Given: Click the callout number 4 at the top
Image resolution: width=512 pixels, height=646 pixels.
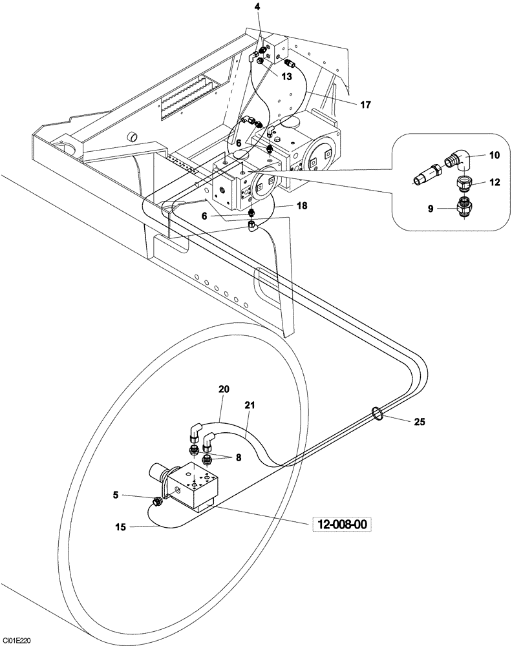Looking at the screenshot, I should pos(257,6).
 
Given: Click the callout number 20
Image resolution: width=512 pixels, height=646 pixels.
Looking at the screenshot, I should pos(224,389).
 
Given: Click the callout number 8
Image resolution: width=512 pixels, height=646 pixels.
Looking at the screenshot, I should pos(238,457).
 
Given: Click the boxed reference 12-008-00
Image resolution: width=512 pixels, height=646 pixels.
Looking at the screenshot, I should pos(343,525).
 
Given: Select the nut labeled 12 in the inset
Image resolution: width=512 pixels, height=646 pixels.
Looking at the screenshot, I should pos(464,183).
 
